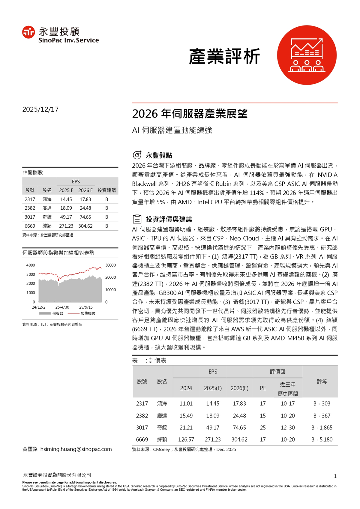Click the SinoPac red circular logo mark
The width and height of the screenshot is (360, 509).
click(x=28, y=32)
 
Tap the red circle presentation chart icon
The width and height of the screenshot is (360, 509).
click(x=307, y=55)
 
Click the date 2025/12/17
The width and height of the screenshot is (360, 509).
click(x=40, y=109)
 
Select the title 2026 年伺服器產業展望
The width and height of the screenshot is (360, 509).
click(x=190, y=114)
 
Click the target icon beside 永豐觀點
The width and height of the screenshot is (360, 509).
click(x=137, y=155)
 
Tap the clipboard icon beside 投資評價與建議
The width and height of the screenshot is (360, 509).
click(x=137, y=219)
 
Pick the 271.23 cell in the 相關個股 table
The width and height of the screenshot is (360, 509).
click(x=66, y=226)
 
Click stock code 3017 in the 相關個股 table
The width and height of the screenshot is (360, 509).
click(x=30, y=217)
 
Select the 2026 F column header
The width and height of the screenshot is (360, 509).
click(x=85, y=190)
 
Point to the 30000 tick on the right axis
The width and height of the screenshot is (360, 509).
click(x=110, y=265)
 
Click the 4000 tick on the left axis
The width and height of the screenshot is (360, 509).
click(x=31, y=265)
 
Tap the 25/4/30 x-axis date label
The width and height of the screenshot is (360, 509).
click(x=62, y=307)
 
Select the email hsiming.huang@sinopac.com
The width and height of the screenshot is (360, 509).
click(x=76, y=449)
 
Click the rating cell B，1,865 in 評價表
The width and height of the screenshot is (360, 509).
click(x=322, y=427)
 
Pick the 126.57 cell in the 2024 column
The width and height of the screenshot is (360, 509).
click(x=186, y=439)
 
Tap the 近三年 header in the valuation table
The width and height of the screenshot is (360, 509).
click(x=287, y=384)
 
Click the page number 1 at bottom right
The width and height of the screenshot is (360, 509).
click(x=335, y=476)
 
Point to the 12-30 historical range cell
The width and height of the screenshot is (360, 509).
click(x=287, y=427)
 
